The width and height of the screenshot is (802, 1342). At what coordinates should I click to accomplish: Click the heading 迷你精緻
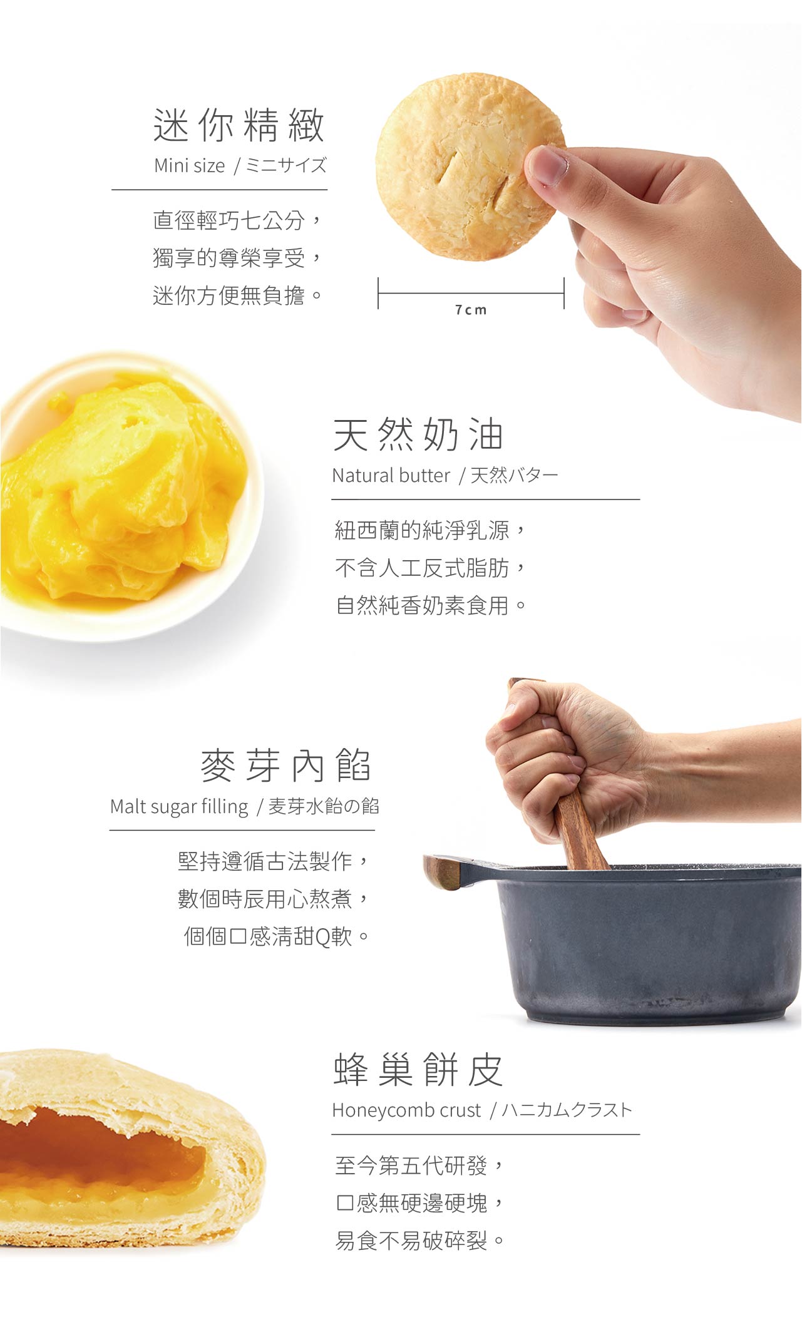coord(239,125)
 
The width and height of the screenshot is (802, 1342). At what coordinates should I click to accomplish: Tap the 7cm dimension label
coord(471,310)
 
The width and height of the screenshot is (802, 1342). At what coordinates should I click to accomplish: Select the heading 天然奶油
coord(418,434)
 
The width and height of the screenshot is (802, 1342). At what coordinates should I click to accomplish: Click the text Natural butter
coord(391,476)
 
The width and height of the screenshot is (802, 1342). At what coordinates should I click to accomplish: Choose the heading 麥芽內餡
coord(286,765)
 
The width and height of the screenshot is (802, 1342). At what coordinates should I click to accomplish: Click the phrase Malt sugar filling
coord(179,807)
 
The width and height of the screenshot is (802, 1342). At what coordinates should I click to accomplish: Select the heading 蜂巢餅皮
coord(418,1070)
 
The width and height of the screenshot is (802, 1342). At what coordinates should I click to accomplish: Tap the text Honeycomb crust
coord(406,1110)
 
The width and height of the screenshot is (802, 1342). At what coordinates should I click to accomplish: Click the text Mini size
coord(189,166)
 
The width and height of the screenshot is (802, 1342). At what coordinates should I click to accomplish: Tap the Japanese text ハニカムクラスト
coord(567,1110)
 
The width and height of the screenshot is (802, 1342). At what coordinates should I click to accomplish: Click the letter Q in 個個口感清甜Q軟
coord(323,937)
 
